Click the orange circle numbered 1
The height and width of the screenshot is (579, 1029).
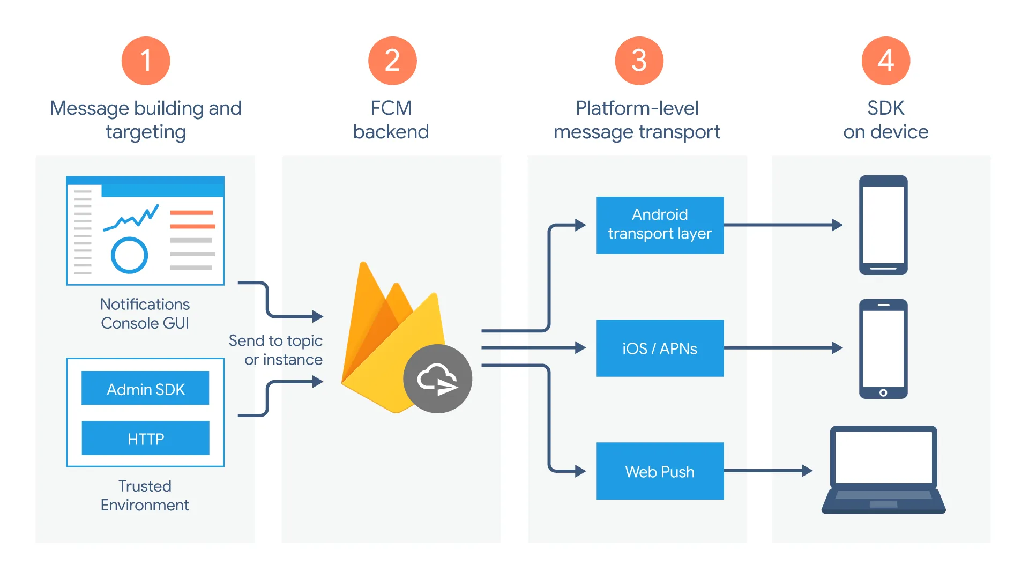[x=146, y=61]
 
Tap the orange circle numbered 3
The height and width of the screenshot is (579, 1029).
[x=639, y=61]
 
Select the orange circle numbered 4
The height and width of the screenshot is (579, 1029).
[x=885, y=61]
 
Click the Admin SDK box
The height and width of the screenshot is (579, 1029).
[x=145, y=388]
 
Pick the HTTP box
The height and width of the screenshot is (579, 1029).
[x=145, y=438]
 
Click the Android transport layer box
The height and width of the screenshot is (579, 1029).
[x=660, y=225]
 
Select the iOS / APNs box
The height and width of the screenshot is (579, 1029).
[x=660, y=348]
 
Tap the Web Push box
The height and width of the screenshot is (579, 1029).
[x=660, y=471]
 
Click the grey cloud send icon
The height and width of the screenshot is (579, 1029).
[x=437, y=378]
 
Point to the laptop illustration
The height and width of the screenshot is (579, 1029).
[x=883, y=469]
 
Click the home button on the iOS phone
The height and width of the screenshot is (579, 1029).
[x=883, y=392]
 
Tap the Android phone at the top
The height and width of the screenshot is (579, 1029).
[x=883, y=225]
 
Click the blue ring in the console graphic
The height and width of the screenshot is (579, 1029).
[x=129, y=255]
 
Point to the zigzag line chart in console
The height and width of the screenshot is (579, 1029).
[x=131, y=217]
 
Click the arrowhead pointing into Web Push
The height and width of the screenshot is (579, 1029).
[x=580, y=471]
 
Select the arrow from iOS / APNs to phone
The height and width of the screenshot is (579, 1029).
[x=782, y=348]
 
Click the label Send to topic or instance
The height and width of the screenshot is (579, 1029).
[x=276, y=350]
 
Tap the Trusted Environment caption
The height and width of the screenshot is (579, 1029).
[x=145, y=495]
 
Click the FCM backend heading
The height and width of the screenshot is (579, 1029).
[x=391, y=120]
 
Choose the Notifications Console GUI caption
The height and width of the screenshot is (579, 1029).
[x=145, y=314]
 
